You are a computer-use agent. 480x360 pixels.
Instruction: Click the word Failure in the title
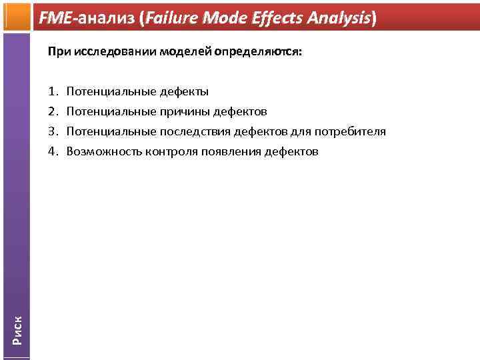pos(173,19)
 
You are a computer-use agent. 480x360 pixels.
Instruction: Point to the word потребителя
pos(352,131)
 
